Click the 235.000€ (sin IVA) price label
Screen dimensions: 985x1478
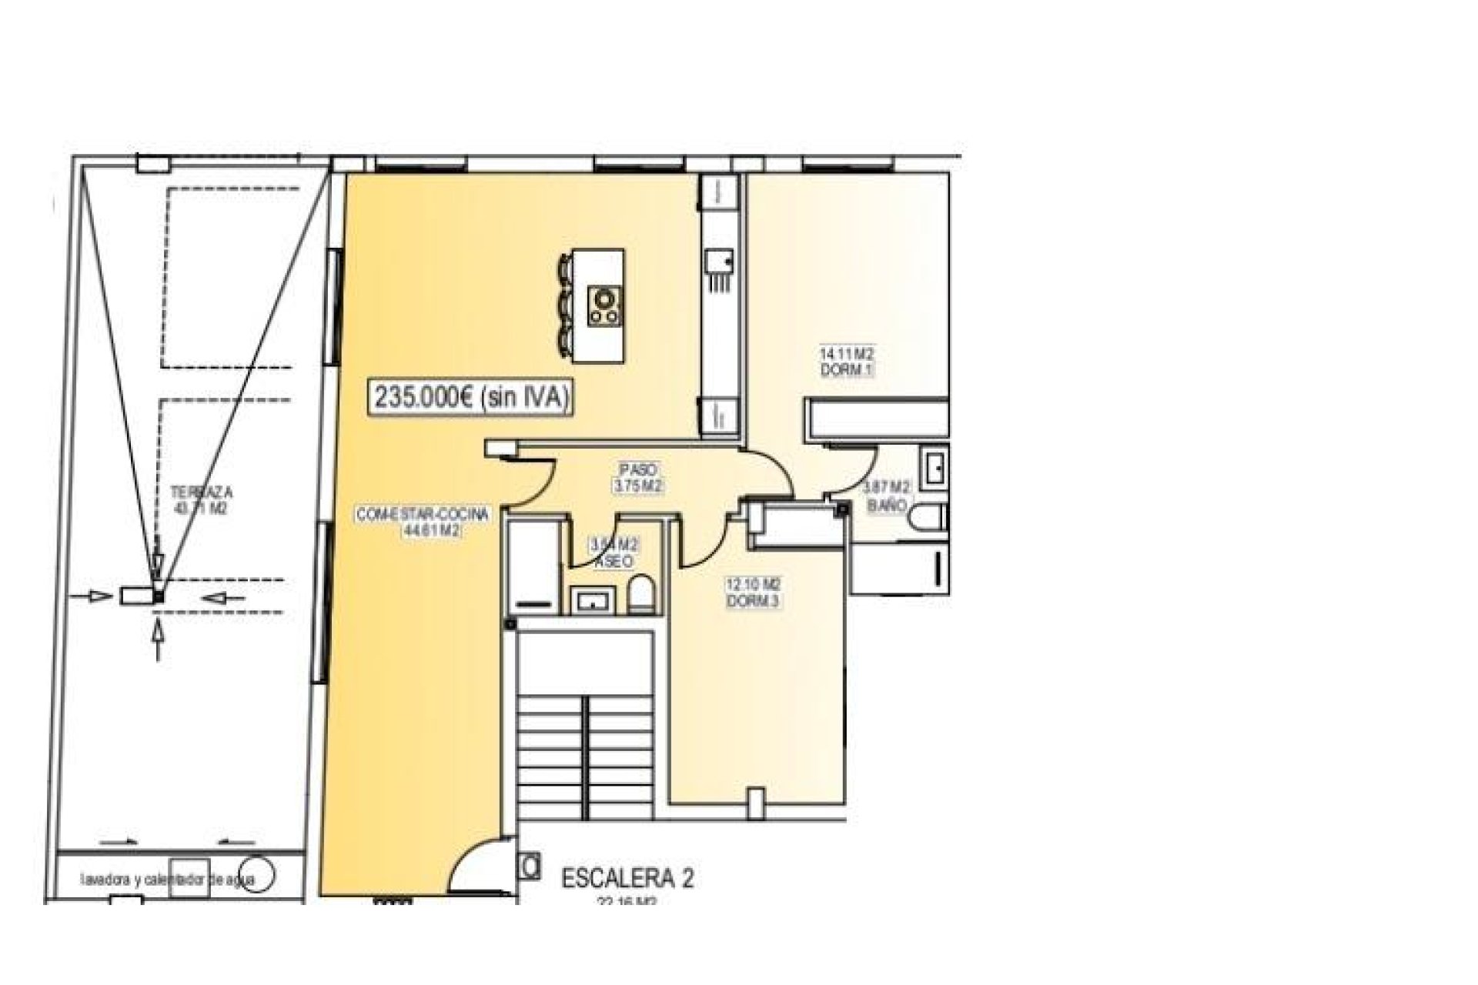click(472, 397)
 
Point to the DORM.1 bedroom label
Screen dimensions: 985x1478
click(847, 370)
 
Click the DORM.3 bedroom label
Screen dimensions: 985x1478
click(753, 602)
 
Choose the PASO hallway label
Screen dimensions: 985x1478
click(637, 469)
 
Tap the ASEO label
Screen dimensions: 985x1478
click(614, 563)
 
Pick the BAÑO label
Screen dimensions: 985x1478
click(886, 506)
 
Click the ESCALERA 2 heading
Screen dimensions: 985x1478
click(627, 879)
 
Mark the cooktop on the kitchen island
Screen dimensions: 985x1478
click(604, 306)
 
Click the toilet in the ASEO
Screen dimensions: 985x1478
click(640, 596)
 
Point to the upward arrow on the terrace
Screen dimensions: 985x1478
click(159, 639)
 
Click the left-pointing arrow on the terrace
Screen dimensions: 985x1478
click(225, 596)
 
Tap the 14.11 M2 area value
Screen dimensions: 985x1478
click(847, 355)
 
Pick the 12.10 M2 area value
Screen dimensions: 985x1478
click(753, 586)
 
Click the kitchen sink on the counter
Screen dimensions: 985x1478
click(721, 269)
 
